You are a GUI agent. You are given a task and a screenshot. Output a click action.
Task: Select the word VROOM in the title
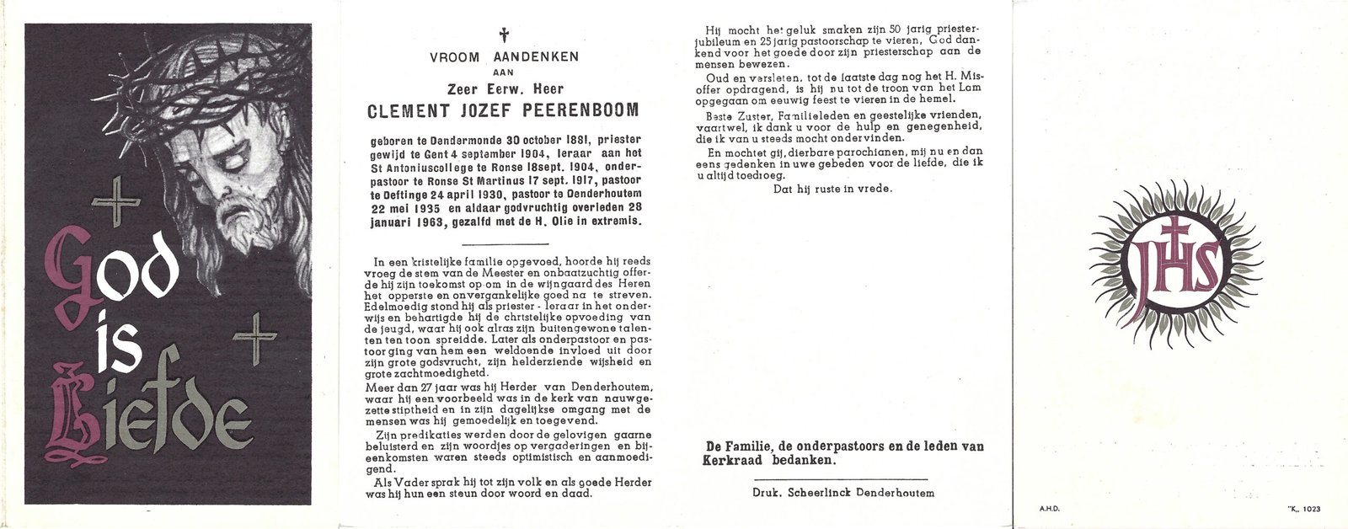(454, 57)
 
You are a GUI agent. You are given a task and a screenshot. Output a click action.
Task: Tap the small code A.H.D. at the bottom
(1050, 510)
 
